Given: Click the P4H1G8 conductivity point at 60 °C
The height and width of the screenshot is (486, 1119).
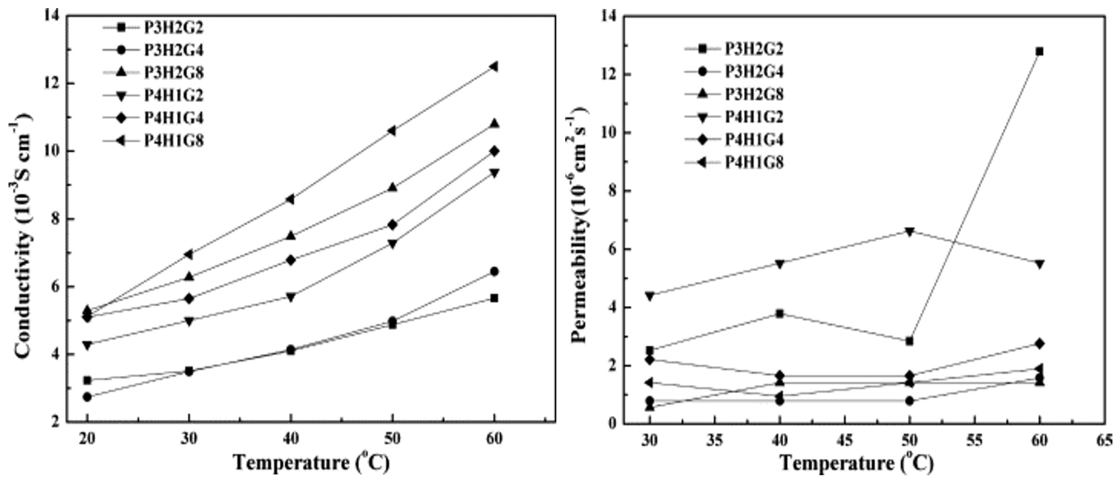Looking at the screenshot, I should click(494, 67).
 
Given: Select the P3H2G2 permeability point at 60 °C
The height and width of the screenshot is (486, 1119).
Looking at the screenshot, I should click(1039, 52).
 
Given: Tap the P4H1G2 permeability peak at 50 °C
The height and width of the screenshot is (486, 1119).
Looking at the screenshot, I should click(910, 231).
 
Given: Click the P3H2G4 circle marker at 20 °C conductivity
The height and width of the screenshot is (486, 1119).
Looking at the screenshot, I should click(87, 397).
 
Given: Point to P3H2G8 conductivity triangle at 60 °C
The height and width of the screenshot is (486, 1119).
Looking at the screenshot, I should click(494, 124).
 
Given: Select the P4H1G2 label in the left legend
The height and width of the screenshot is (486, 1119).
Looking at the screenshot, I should click(174, 95).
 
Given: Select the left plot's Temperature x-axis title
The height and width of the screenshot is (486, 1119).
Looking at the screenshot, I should click(312, 463).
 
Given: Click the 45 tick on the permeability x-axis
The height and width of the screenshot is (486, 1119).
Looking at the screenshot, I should click(845, 440).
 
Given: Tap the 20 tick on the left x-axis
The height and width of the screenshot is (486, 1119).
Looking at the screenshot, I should click(87, 440).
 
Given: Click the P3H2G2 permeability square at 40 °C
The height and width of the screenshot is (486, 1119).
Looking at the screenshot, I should click(780, 314).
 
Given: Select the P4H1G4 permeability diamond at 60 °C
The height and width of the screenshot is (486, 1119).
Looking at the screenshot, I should click(1039, 344).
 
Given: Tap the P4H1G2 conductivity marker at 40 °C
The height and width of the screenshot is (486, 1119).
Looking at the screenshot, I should click(291, 297).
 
